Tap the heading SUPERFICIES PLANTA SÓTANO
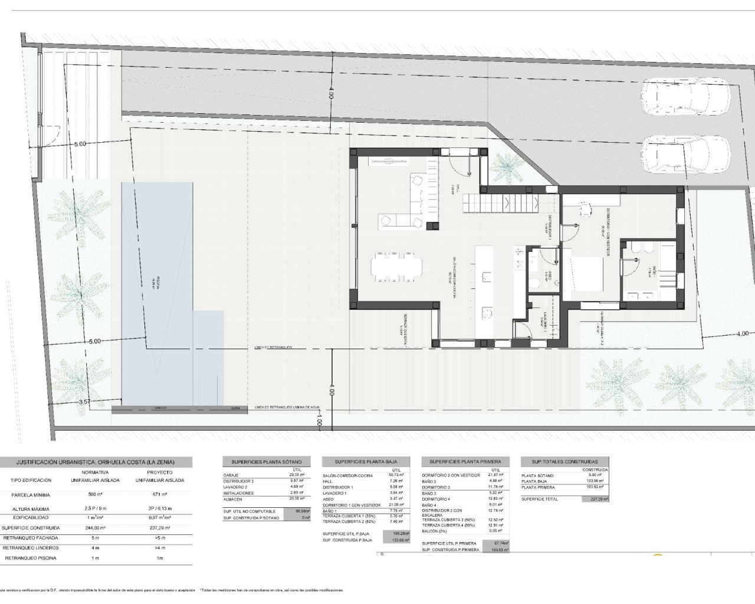pos(262,462)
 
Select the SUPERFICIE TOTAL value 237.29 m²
pos(596,499)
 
